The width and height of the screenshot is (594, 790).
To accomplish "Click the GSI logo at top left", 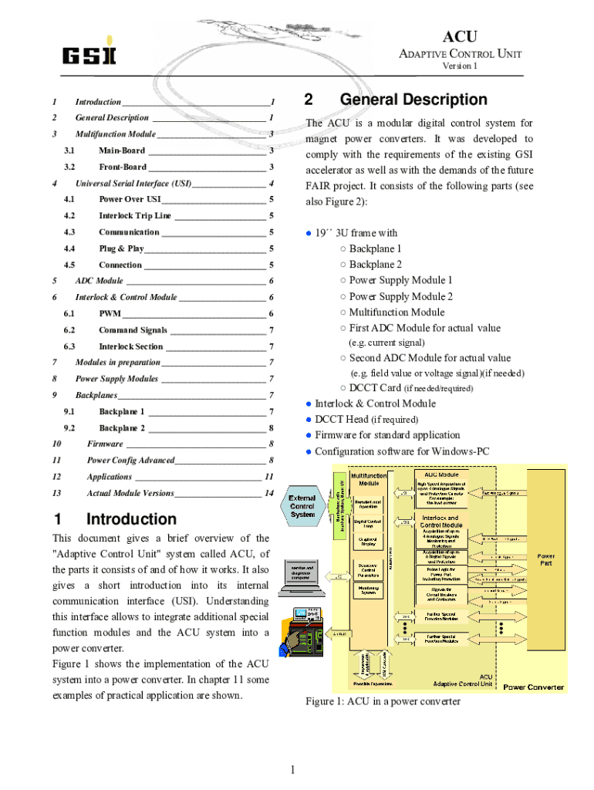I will (89, 55).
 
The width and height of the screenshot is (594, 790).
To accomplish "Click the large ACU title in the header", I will (460, 37).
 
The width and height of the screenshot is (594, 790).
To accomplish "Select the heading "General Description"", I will (413, 100).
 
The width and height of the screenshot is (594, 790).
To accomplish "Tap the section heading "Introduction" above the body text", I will (131, 519).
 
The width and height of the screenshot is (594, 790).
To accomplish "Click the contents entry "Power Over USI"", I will (130, 199).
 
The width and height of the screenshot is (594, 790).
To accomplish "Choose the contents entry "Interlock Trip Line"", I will (135, 215).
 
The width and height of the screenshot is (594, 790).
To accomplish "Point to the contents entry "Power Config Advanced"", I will (130, 461).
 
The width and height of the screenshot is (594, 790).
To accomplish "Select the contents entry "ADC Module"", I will (99, 281).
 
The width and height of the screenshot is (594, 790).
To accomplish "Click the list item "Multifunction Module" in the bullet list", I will (397, 312).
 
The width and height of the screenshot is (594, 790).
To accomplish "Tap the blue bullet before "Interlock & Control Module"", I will (309, 403).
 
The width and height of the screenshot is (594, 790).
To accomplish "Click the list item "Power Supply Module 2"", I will (400, 296).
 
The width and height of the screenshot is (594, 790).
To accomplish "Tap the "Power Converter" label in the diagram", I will (533, 687).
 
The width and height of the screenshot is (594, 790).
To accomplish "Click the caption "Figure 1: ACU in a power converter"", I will (383, 701).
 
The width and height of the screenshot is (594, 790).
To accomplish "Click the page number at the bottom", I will (293, 769).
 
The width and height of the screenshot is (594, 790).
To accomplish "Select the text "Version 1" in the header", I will (460, 66).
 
